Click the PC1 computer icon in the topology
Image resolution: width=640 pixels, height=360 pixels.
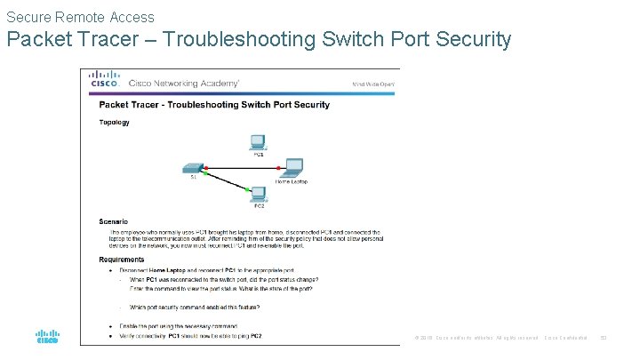click(259, 140)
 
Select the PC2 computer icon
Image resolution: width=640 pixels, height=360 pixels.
click(259, 193)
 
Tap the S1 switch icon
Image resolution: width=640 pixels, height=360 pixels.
click(193, 166)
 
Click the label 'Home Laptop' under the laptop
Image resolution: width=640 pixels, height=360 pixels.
click(292, 181)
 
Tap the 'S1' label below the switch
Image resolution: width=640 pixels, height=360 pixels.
click(193, 176)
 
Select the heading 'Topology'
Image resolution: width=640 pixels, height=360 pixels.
click(114, 123)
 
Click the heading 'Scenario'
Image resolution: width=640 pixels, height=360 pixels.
click(113, 221)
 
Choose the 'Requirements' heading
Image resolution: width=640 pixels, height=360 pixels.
click(121, 260)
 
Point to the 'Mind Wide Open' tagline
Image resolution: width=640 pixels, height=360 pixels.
click(373, 84)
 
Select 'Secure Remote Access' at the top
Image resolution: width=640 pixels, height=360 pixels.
click(80, 17)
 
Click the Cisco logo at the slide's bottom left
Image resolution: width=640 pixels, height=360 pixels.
click(47, 336)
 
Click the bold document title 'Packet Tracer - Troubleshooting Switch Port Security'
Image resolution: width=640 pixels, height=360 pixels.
click(213, 104)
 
